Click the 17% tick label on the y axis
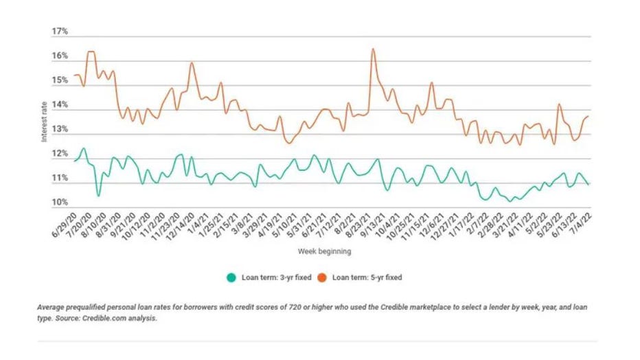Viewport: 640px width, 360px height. [60, 32]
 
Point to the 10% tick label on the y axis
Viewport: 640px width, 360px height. [60, 203]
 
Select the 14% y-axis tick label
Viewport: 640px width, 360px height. [60, 105]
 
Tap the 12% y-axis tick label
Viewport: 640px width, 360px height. [60, 154]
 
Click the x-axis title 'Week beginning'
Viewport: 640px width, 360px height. [324, 251]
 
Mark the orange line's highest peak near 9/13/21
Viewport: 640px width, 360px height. [372, 49]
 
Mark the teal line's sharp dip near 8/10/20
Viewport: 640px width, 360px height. [99, 196]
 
